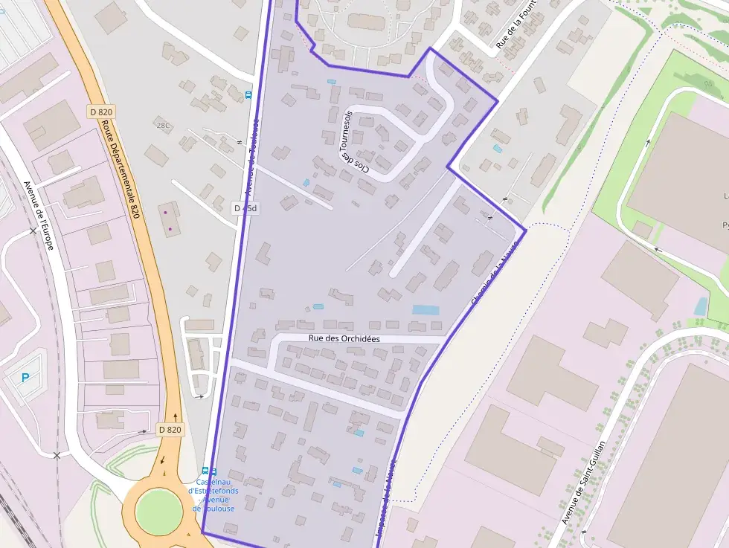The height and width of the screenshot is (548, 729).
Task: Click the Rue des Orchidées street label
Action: coord(344,338)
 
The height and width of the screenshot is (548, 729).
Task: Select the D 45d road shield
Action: coord(245,208)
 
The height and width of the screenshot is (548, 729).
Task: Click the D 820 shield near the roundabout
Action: coord(170,429)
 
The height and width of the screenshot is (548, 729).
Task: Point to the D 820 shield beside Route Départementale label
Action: coord(101,112)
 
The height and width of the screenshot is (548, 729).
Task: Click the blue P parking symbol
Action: coord(25,378)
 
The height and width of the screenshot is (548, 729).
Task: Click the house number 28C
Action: coord(163,125)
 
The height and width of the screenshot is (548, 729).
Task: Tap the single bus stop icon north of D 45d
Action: coord(248,95)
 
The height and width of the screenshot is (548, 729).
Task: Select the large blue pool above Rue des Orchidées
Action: coord(425,309)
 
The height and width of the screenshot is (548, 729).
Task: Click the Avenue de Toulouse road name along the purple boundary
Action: coord(251,160)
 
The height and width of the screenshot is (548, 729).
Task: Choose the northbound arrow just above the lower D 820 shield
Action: coord(176,417)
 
